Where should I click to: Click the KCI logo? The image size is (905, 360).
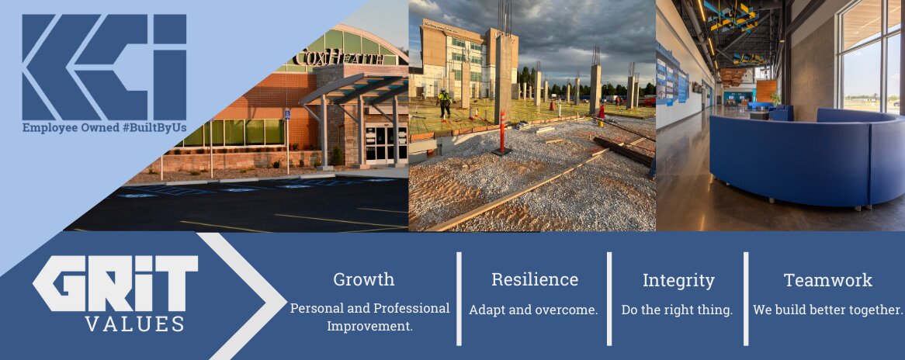point(104,67)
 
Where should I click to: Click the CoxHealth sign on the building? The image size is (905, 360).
point(338,57)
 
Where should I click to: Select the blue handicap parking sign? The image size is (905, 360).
point(287,115)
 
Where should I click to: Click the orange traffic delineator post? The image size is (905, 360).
point(501,132)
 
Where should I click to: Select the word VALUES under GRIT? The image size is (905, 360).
point(135,324)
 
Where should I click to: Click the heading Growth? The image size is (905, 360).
point(363,280)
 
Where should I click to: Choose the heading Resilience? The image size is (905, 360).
point(535,280)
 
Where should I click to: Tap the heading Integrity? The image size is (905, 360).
point(678,281)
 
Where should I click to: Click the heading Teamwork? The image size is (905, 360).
point(827,280)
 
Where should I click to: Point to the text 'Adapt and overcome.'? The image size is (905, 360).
point(533,310)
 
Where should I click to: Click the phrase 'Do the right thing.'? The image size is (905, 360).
point(677,310)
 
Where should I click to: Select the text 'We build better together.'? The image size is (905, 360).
point(827,310)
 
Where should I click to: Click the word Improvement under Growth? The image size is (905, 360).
point(370,326)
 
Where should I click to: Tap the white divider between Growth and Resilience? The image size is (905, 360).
point(459,298)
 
